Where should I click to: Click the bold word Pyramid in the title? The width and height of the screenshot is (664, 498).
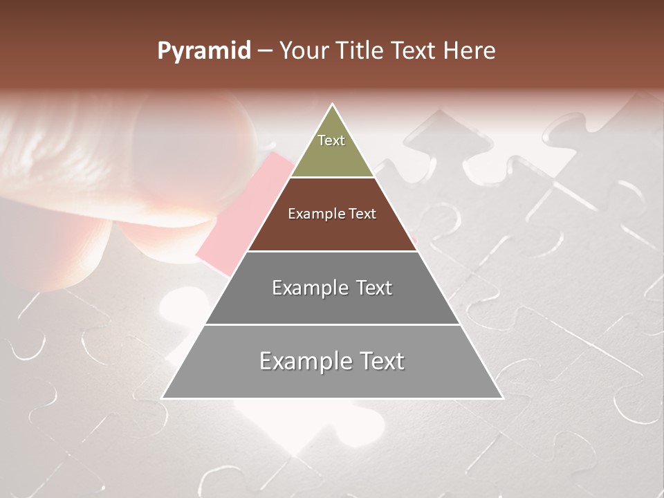(203, 51)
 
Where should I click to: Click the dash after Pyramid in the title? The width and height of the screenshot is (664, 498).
(265, 51)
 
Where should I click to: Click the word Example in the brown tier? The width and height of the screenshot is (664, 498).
(314, 214)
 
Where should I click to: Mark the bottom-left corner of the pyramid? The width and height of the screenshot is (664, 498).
(163, 398)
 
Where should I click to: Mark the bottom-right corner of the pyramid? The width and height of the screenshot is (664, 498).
(502, 398)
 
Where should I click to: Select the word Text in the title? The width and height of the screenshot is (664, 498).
(414, 51)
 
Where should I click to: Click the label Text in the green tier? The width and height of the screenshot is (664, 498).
(331, 140)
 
